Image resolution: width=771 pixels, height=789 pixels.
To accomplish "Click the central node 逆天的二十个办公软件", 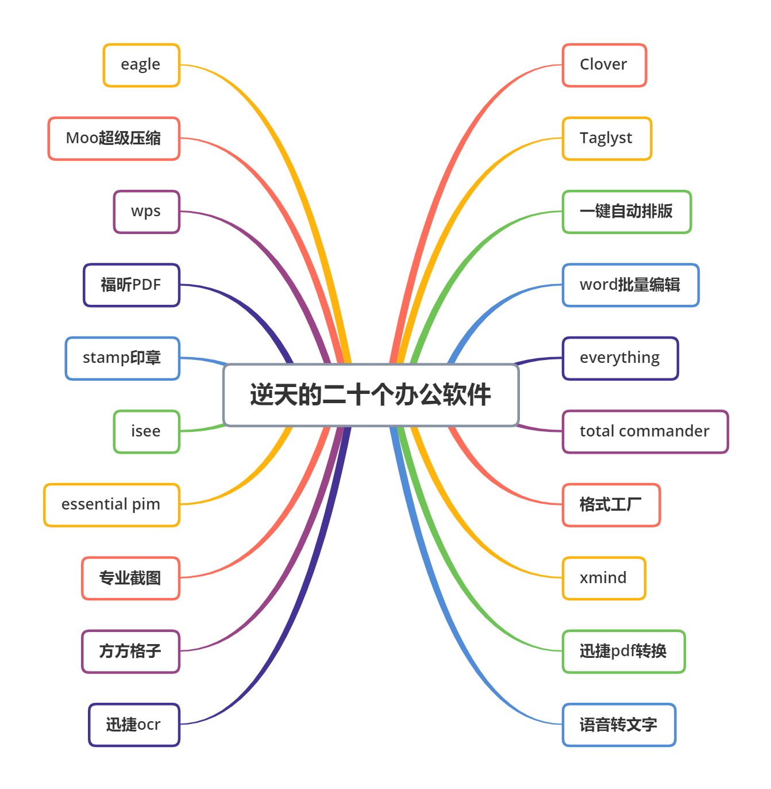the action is click(x=371, y=395).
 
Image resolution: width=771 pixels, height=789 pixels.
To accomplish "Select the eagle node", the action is click(x=141, y=65).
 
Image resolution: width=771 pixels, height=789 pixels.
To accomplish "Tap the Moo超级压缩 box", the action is click(x=114, y=139).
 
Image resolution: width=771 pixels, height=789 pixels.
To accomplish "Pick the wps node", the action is click(x=147, y=212).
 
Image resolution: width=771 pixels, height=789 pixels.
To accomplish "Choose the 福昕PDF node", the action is click(x=132, y=285).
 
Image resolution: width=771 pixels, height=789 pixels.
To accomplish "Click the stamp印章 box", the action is click(x=122, y=358).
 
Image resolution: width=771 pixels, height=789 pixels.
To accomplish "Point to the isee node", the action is click(x=147, y=431).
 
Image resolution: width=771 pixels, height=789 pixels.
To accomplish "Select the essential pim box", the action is click(x=111, y=505).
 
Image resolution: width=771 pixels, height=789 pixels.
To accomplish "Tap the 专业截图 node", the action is click(x=130, y=578).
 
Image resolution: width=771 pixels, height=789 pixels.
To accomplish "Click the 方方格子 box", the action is click(x=130, y=651).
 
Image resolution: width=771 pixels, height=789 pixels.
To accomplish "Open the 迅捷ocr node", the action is click(x=134, y=725).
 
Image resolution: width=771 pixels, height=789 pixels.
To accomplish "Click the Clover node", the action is click(x=604, y=65).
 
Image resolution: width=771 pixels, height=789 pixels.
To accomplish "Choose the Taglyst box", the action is click(x=607, y=139).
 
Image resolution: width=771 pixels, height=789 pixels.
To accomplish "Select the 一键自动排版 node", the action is click(x=627, y=212).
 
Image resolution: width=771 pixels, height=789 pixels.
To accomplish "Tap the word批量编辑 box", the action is click(x=631, y=285).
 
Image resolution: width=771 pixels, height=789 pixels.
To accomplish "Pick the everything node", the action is click(x=620, y=358).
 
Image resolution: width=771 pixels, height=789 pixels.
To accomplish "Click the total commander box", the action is click(x=645, y=431).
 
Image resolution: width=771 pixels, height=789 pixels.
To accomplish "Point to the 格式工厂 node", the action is click(x=611, y=505).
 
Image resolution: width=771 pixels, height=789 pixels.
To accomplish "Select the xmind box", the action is click(x=604, y=578).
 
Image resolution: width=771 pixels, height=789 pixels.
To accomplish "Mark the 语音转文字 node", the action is click(x=619, y=725).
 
